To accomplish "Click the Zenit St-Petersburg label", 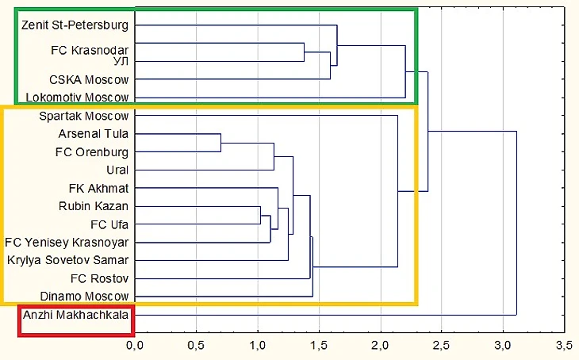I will coord(75,25).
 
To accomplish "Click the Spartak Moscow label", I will coord(83,116).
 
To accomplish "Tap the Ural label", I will coord(117,170).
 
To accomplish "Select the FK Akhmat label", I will coord(98,188).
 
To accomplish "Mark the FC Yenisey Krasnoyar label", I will coord(67,242).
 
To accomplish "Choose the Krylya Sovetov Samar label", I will coord(68,260).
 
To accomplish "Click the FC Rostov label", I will coord(100,278).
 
